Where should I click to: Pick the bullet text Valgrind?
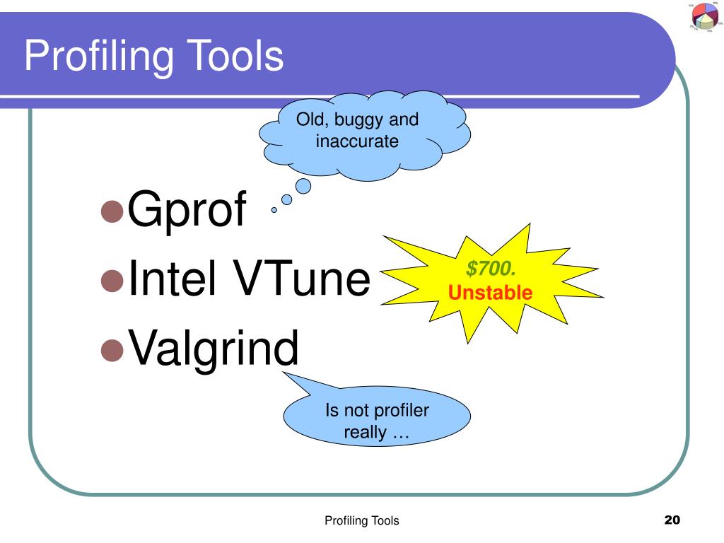click(x=212, y=349)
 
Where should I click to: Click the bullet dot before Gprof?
click(x=112, y=211)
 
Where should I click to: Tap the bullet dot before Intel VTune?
click(x=112, y=280)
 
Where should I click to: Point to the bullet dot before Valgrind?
click(x=112, y=349)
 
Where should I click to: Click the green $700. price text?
click(x=490, y=269)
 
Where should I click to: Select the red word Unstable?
click(x=490, y=291)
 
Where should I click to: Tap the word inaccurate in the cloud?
click(x=357, y=141)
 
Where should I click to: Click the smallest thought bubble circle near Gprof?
click(x=274, y=210)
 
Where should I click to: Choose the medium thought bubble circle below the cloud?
click(x=286, y=199)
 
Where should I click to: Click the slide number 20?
click(x=672, y=520)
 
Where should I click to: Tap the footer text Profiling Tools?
click(x=361, y=521)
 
